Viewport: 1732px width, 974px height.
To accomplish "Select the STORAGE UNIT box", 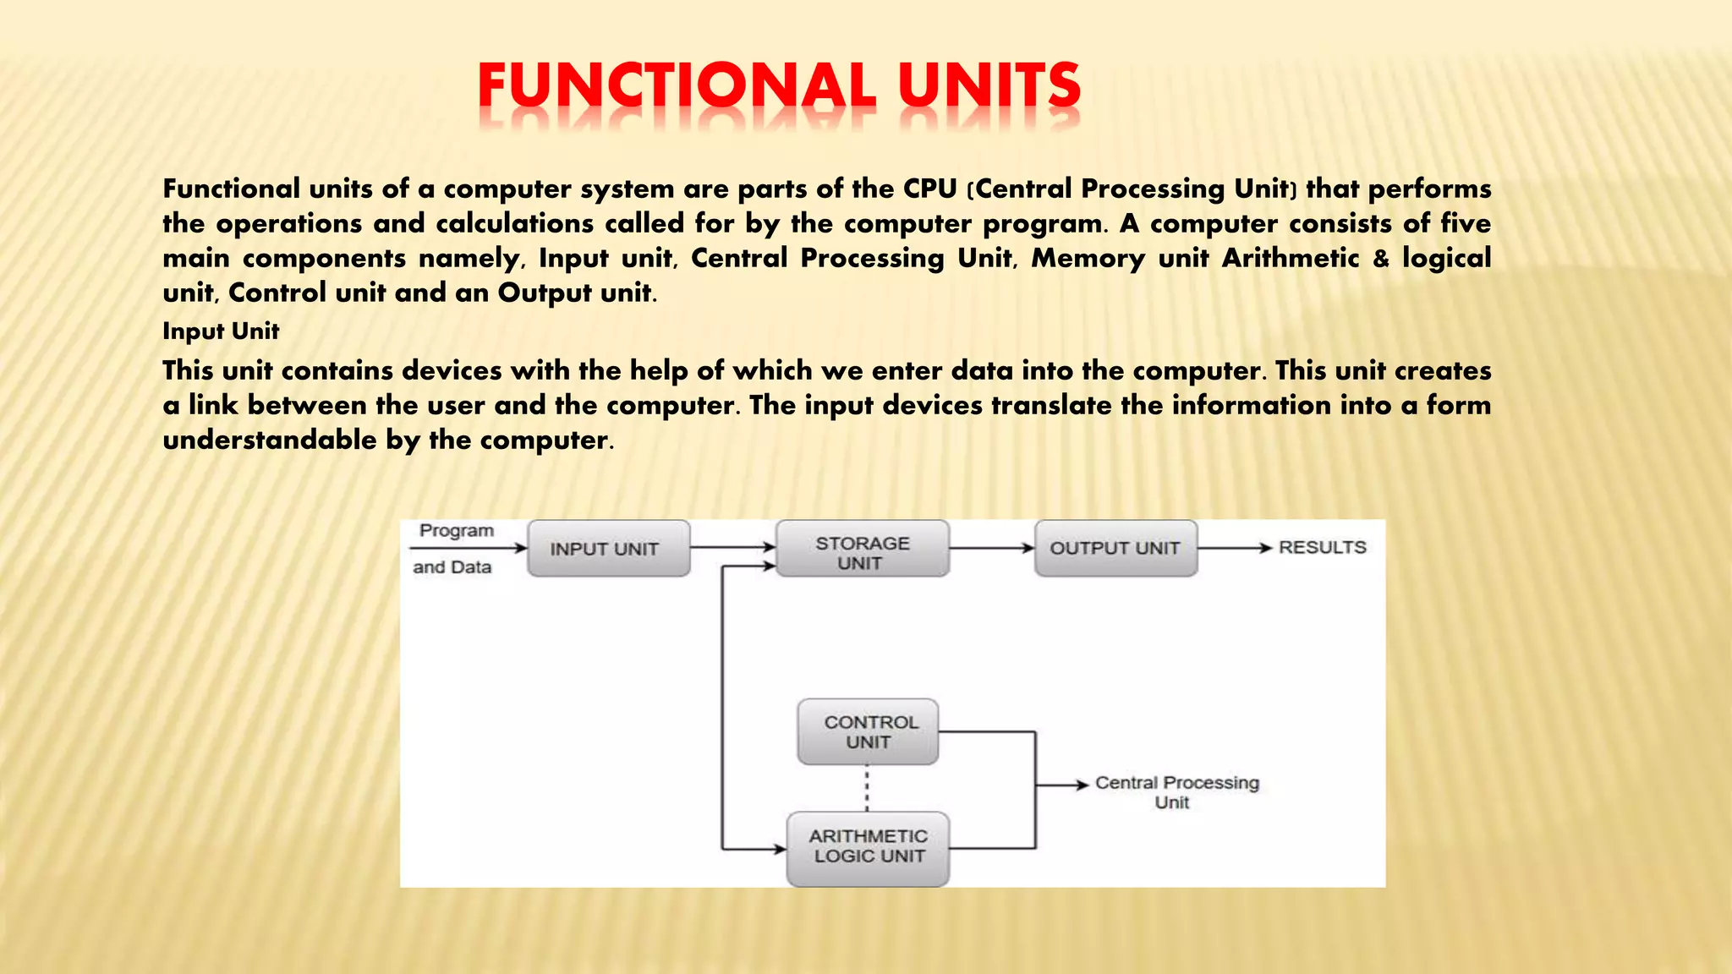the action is [x=862, y=550].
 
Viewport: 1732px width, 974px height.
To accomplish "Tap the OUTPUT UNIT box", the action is [x=1115, y=549].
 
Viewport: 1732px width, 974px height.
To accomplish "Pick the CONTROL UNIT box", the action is [x=868, y=732].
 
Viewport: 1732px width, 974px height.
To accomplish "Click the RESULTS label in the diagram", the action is [x=1322, y=548].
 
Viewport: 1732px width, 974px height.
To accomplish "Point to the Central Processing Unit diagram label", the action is [x=1176, y=792].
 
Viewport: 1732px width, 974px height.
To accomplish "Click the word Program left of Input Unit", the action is [x=457, y=531].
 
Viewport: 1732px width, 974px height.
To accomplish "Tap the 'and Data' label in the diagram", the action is [x=452, y=567].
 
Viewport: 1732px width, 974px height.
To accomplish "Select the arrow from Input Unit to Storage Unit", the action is [x=732, y=548].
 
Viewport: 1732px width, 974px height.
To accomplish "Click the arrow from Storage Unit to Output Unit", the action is [x=991, y=548].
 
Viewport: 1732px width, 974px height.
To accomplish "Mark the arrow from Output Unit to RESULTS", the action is [x=1235, y=548].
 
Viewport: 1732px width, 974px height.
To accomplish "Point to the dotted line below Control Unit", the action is [x=867, y=788].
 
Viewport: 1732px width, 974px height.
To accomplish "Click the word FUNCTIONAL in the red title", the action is [x=677, y=86].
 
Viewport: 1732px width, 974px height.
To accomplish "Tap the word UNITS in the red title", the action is [x=989, y=86].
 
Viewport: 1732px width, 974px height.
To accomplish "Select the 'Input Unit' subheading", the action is [x=221, y=331].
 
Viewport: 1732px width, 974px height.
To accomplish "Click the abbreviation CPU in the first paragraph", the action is [x=929, y=189].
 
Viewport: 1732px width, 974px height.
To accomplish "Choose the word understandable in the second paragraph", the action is [x=270, y=440].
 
